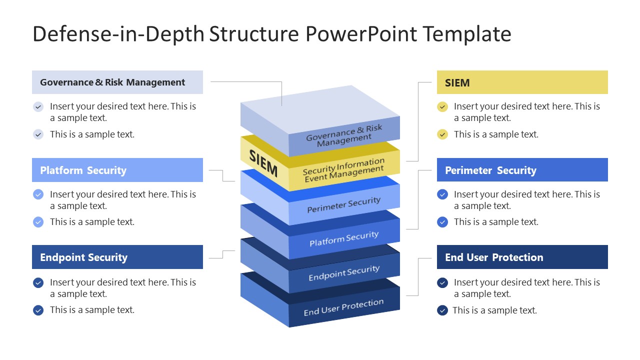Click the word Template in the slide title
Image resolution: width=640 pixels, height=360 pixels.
[x=466, y=34]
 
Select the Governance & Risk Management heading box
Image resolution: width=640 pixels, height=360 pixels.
[x=117, y=82]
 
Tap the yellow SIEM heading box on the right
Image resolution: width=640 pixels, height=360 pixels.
[x=522, y=82]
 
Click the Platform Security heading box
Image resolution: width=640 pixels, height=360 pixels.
[x=117, y=170]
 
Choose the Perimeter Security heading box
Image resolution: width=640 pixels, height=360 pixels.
[x=522, y=170]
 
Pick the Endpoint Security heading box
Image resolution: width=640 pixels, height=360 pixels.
[x=117, y=257]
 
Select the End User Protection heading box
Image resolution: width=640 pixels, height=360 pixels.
[x=522, y=257]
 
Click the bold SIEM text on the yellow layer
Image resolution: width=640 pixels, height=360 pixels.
[x=263, y=163]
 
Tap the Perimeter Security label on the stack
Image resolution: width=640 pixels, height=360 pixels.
[x=344, y=205]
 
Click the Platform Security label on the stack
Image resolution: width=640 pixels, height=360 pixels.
[x=344, y=239]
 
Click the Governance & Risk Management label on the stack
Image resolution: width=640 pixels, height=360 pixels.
[x=344, y=135]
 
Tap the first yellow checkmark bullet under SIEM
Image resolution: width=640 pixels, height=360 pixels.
[x=442, y=106]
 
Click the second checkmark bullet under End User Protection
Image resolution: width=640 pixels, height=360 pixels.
[x=442, y=310]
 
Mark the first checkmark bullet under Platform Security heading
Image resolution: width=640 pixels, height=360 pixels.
[x=38, y=194]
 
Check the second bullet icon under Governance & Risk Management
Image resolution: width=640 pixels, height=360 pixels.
[x=38, y=134]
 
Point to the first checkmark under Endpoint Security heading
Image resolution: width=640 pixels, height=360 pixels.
[x=38, y=282]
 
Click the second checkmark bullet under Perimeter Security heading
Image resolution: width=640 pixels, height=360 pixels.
[x=442, y=222]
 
